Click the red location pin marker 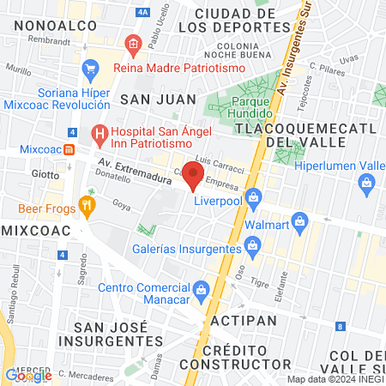193,176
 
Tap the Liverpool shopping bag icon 253,197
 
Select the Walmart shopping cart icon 299,221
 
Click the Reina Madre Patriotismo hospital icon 131,43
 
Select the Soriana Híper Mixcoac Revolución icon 89,67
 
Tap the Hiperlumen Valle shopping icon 367,183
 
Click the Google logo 28,375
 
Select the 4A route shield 142,13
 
